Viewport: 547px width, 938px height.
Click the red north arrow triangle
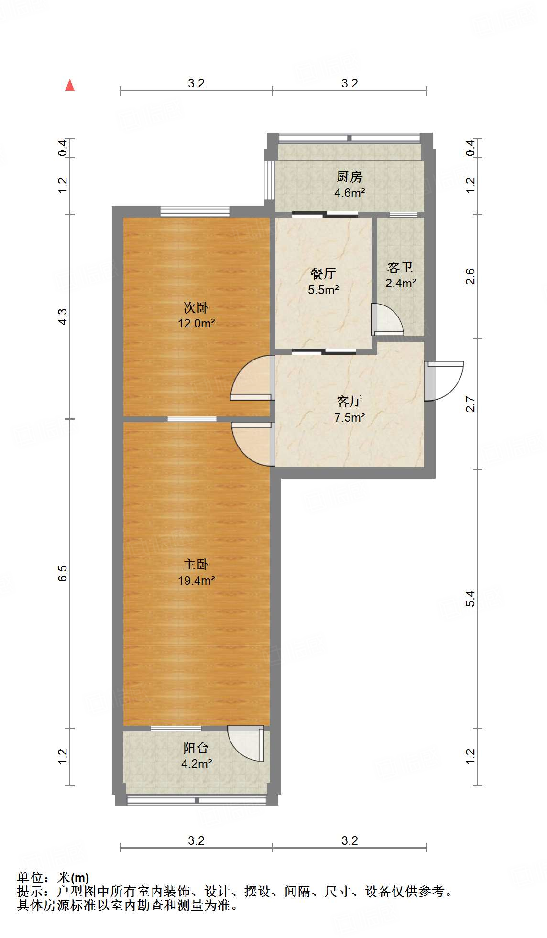pos(70,86)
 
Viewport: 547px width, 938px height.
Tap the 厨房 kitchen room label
pos(349,177)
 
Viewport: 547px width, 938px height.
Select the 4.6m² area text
pos(350,193)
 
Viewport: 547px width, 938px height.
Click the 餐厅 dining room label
pos(323,273)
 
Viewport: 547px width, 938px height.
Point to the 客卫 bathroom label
pos(400,267)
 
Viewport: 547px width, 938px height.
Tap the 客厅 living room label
pos(349,401)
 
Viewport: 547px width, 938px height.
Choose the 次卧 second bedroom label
pos(196,307)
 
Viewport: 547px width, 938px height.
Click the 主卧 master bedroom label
pos(196,565)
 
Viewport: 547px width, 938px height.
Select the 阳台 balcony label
pos(196,748)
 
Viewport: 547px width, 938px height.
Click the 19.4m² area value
pos(196,581)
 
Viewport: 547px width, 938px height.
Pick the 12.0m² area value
pos(196,324)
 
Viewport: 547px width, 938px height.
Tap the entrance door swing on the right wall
pos(445,380)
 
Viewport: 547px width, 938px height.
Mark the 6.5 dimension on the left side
pos(63,573)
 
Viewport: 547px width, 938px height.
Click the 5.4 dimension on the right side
pos(471,599)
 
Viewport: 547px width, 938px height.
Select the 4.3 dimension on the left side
pos(63,316)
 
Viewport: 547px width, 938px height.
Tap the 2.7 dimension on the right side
pos(471,404)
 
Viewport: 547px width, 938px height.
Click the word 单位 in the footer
pos(30,878)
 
